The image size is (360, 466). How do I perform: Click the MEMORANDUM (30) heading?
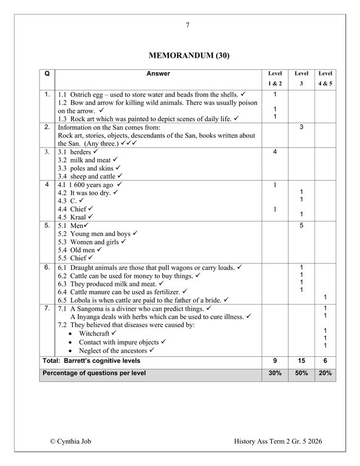coord(188,56)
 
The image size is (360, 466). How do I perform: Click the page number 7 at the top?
coord(188,25)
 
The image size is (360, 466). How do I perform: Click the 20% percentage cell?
coord(325,373)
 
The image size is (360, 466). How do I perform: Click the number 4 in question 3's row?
coord(275,151)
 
